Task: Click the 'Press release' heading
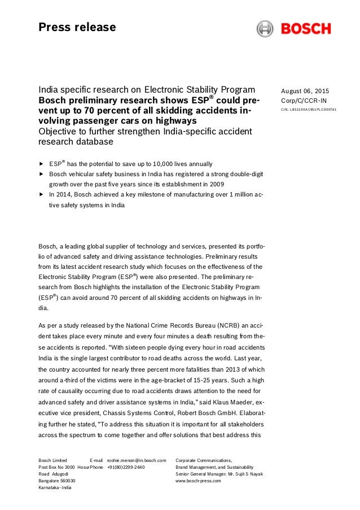tap(77, 27)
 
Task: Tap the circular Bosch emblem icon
tap(265, 28)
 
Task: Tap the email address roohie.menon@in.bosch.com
tap(137, 460)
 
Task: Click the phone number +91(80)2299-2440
tap(126, 468)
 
